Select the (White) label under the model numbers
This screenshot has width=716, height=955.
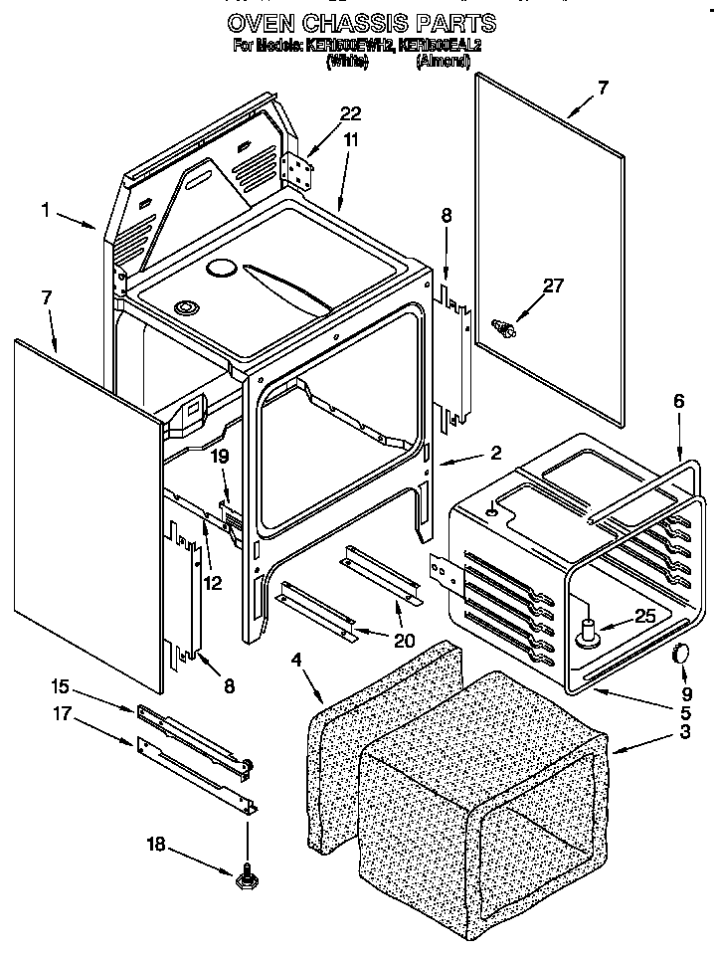pos(347,62)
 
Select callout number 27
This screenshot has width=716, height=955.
pos(552,286)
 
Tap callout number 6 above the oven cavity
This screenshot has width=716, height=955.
pos(678,401)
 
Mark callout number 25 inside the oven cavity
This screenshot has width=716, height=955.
pos(644,617)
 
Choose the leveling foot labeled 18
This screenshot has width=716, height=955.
pos(246,877)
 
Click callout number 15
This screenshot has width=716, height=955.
pos(61,686)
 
